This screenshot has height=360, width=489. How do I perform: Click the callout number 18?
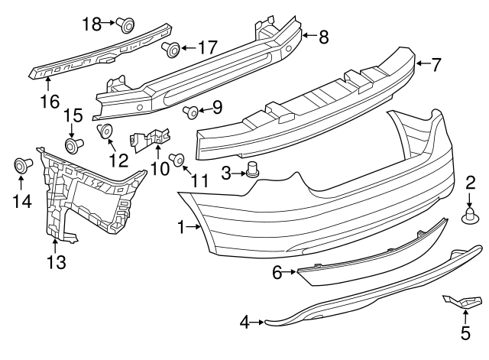click(x=91, y=24)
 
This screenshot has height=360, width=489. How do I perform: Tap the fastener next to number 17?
click(x=170, y=50)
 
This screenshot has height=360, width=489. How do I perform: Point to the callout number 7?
click(x=436, y=64)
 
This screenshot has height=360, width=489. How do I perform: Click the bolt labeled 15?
click(x=74, y=144)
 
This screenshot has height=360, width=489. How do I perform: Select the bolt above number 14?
click(x=21, y=164)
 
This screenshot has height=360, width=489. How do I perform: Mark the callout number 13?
click(x=56, y=262)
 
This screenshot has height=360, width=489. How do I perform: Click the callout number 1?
click(x=181, y=226)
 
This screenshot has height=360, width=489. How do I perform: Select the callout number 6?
click(x=277, y=270)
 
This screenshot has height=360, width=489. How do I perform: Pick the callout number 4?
click(x=244, y=323)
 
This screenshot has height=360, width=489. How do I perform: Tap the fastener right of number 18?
click(x=126, y=25)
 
